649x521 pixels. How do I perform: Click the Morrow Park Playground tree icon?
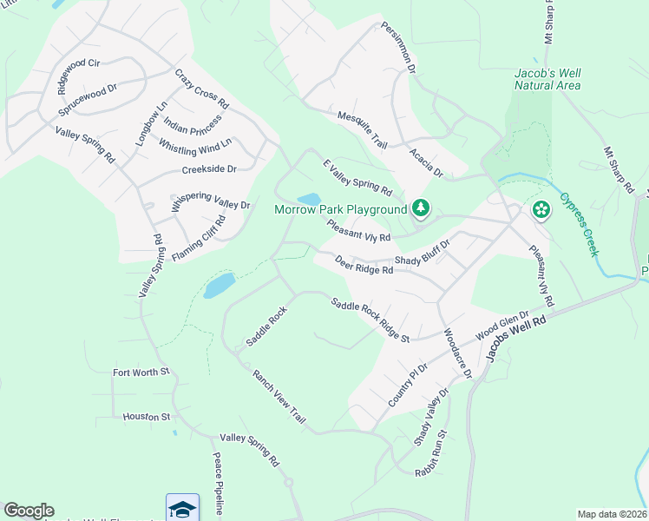(421, 208)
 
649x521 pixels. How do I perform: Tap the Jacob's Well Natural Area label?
(547, 79)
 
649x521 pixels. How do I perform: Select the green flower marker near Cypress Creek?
(541, 209)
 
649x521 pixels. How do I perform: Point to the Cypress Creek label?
(579, 225)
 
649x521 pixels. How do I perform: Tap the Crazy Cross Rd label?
(202, 89)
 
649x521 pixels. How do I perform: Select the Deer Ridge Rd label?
(364, 264)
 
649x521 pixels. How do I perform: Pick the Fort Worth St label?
(142, 373)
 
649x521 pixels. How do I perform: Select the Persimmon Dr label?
(398, 48)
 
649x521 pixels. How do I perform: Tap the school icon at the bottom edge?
(182, 509)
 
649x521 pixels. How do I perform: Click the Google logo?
(29, 511)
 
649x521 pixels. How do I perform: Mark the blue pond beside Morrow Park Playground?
(308, 199)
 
